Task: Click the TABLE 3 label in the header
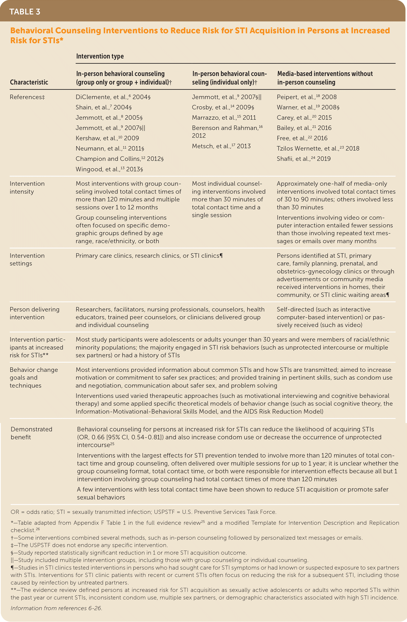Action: click(25, 12)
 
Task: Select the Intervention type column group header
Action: click(100, 56)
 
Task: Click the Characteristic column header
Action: click(29, 82)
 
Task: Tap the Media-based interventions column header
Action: click(325, 78)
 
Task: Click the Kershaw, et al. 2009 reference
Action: click(107, 138)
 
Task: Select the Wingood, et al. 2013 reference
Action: click(109, 169)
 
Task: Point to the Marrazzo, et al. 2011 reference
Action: click(224, 118)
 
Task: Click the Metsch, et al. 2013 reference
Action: click(221, 146)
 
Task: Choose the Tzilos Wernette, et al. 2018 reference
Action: click(318, 149)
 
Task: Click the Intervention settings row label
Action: click(27, 260)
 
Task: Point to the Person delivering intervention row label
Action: click(35, 313)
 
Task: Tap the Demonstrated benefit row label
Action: click(31, 433)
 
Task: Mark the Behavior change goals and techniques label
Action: click(34, 377)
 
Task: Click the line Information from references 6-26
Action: click(56, 608)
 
